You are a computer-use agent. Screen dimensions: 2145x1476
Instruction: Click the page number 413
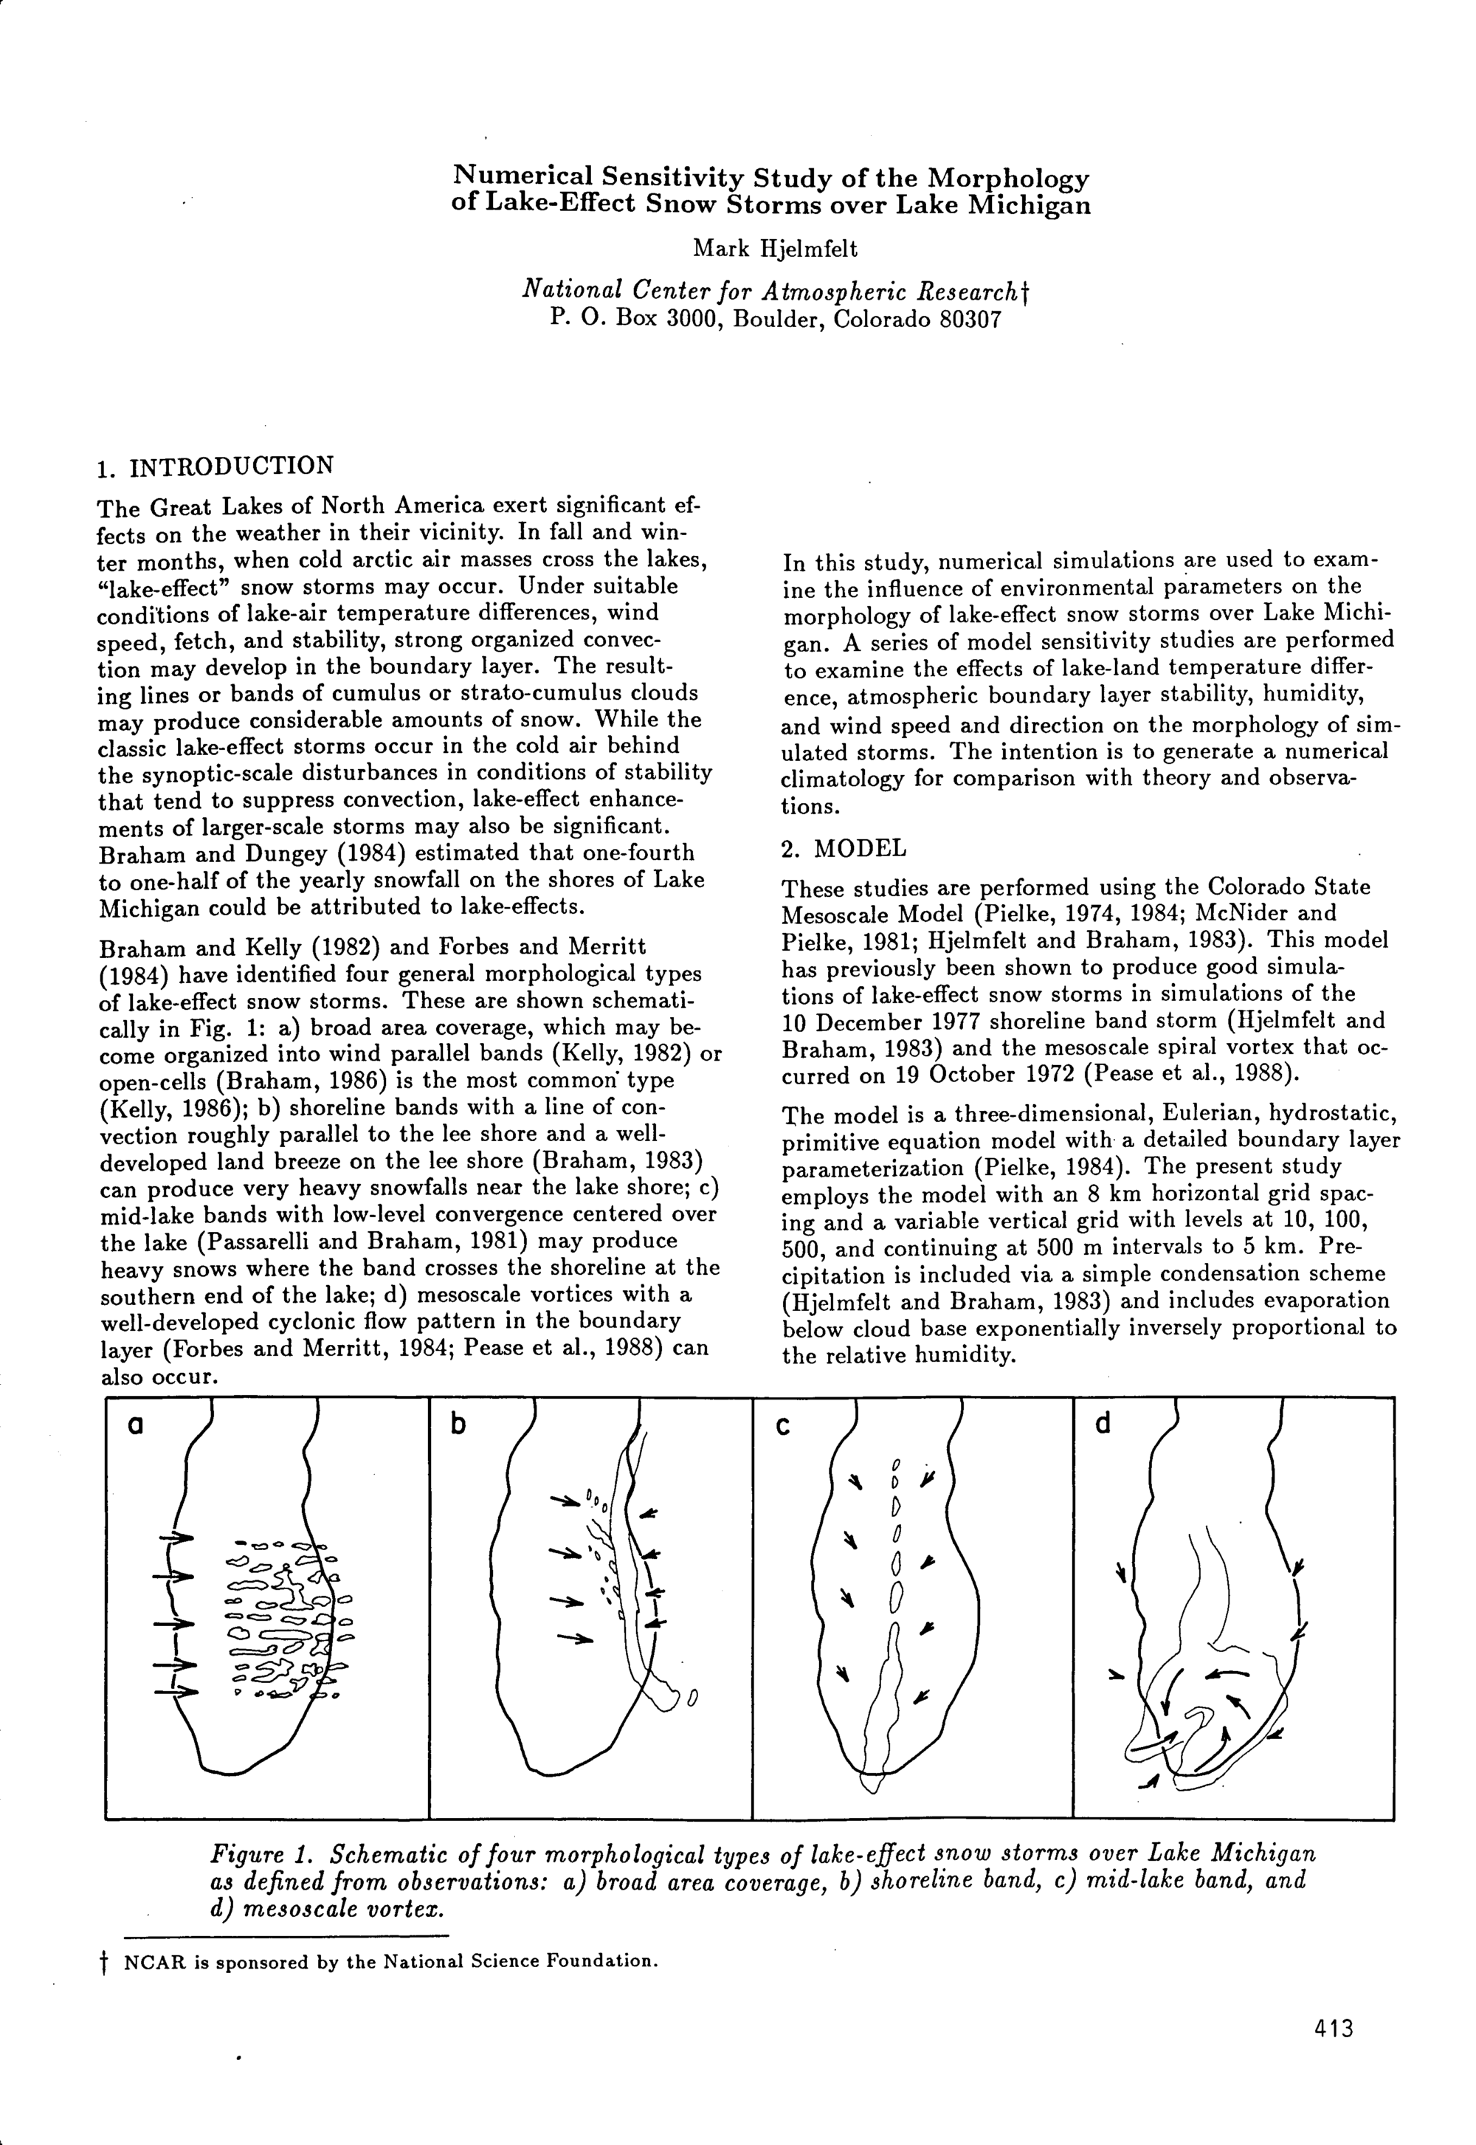point(1333,2029)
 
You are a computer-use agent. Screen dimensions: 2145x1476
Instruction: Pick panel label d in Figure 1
point(1103,1425)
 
